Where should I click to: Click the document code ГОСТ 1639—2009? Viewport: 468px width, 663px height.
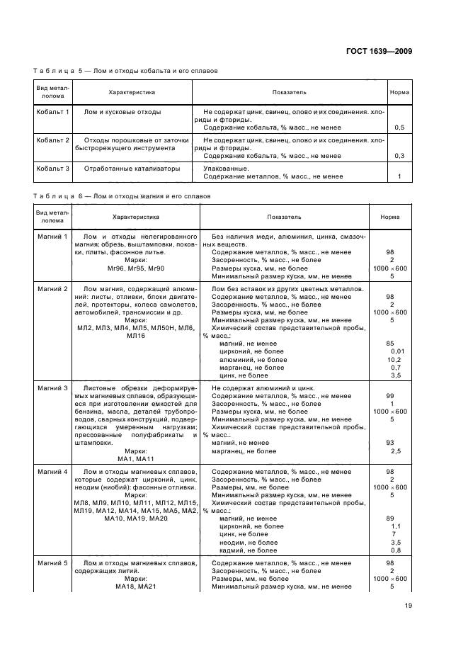click(379, 51)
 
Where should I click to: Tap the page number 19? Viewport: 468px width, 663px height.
click(409, 604)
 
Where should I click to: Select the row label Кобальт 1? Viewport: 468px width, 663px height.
click(53, 112)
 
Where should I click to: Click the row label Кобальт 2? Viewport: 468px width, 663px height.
click(53, 140)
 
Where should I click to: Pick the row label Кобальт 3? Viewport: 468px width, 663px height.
click(53, 169)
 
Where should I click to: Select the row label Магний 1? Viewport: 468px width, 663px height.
click(52, 236)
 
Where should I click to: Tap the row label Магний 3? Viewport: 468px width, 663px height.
click(52, 388)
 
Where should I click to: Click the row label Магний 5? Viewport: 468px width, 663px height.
click(52, 563)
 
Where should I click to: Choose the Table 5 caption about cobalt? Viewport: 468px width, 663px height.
click(120, 71)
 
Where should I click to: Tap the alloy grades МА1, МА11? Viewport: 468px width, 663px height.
click(135, 458)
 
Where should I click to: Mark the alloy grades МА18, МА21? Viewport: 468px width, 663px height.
click(135, 586)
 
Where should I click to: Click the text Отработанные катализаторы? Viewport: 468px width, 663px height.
click(132, 169)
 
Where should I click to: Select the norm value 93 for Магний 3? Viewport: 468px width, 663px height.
click(390, 443)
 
